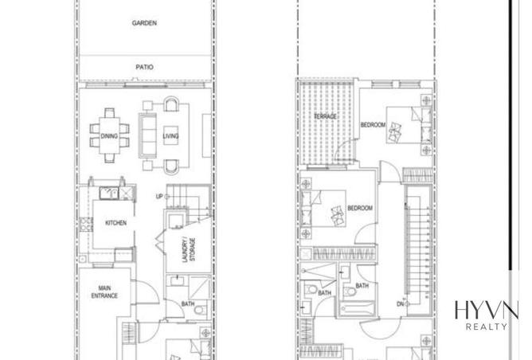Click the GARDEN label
pos(144,23)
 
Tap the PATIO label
pos(144,67)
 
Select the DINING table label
pos(109,136)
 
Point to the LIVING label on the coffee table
pos(170,135)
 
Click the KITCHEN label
pos(115,223)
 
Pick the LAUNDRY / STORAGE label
pos(189,250)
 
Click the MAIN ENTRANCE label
pos(104,292)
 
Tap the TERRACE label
pos(326,116)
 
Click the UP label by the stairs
pos(159,197)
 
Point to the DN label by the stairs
pos(401,303)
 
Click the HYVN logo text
pos(487,310)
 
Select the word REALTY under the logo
pos(487,327)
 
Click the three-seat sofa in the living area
pos(147,135)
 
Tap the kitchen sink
pos(109,193)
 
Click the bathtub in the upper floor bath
pos(356,310)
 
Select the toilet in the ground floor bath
pos(201,309)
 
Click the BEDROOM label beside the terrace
pos(373,125)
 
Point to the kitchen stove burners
pos(86,225)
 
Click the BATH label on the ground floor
pos(188,303)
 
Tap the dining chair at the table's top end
pos(110,112)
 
